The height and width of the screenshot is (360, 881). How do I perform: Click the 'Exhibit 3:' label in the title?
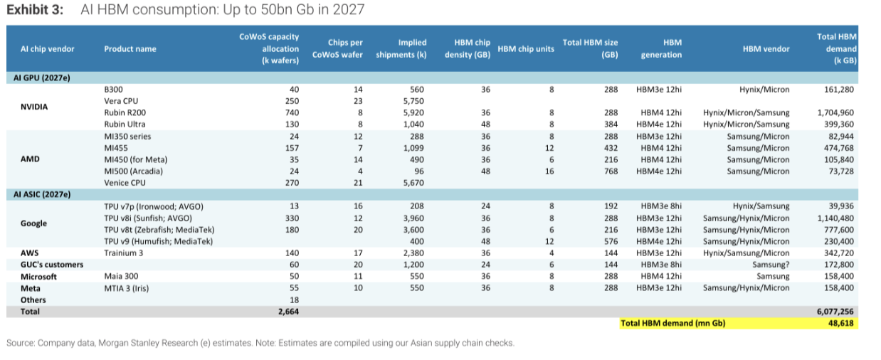35,9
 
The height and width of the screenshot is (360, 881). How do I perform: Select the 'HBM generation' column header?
661,48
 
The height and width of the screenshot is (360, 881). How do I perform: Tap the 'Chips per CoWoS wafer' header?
337,48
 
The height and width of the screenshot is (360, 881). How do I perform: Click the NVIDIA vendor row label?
34,107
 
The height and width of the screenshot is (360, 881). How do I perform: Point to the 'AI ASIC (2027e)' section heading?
42,194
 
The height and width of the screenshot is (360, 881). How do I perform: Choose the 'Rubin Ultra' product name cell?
125,125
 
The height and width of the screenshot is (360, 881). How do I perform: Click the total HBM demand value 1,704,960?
835,112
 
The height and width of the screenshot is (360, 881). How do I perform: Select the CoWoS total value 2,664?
288,312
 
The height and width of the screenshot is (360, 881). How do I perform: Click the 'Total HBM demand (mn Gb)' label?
673,323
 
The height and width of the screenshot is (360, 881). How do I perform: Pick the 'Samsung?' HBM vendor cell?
771,265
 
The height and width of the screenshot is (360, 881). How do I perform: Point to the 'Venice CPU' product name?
125,183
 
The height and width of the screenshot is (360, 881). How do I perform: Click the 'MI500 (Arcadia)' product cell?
133,171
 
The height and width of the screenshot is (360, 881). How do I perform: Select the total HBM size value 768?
611,171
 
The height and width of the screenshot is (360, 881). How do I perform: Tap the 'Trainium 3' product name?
124,253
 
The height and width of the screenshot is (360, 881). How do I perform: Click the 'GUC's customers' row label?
52,265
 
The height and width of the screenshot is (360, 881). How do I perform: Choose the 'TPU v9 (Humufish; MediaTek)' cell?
159,241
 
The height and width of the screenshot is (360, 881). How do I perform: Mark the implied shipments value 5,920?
413,112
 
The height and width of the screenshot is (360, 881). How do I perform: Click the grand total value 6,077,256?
835,312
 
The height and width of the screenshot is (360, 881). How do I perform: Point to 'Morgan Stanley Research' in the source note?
148,343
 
